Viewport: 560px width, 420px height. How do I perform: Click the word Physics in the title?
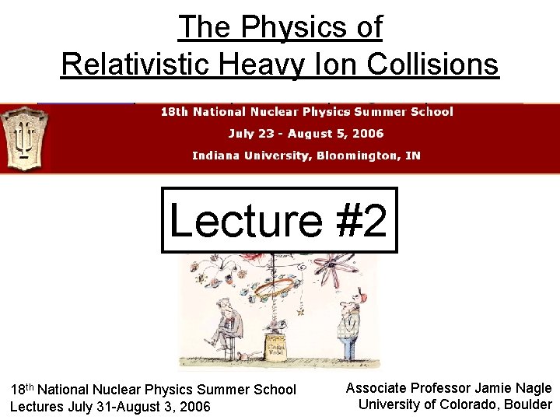coord(283,28)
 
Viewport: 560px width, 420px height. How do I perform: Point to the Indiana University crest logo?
coord(24,138)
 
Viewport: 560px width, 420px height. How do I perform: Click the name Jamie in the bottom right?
coord(487,388)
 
